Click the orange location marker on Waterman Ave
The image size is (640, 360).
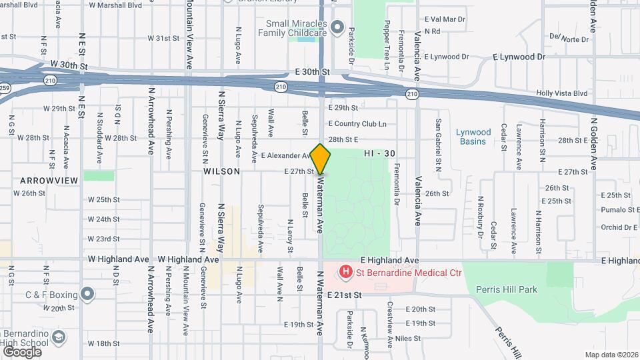(x=321, y=159)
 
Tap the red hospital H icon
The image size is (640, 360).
(x=346, y=271)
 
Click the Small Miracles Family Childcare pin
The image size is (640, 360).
(x=337, y=28)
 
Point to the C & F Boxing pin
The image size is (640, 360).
(x=88, y=293)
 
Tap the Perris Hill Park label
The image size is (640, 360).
(x=507, y=289)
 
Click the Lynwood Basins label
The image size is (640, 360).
(x=473, y=136)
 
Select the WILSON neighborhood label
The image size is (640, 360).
(x=221, y=171)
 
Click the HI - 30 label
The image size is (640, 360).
(x=380, y=153)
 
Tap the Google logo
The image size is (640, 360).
(x=22, y=351)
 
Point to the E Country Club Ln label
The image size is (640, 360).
(x=357, y=124)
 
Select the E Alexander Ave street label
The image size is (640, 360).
(x=285, y=155)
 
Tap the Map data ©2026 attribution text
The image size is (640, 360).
(x=611, y=355)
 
